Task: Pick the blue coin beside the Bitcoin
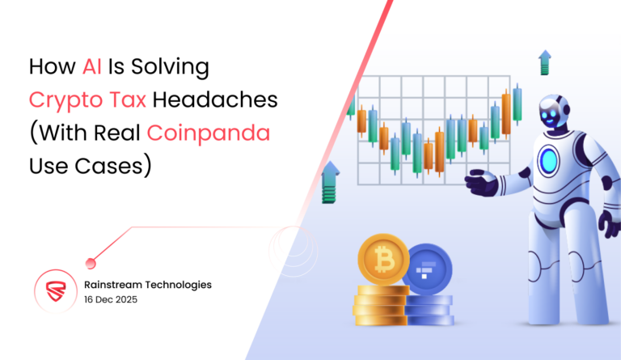(x=426, y=268)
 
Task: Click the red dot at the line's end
(x=91, y=261)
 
